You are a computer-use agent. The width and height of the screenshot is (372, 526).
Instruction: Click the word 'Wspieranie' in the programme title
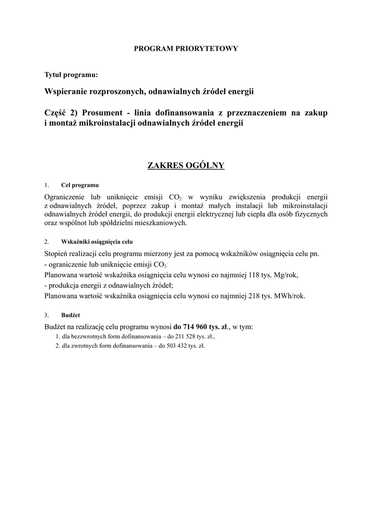(66, 92)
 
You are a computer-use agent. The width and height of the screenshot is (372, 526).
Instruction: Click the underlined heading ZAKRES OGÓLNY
(186, 165)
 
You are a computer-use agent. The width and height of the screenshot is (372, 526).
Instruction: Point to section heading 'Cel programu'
(80, 185)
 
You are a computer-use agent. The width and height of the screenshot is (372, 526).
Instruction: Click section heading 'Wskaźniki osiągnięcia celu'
(97, 241)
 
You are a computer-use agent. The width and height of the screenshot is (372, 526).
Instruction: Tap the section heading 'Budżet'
(70, 314)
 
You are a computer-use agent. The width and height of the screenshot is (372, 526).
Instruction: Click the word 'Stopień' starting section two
(57, 254)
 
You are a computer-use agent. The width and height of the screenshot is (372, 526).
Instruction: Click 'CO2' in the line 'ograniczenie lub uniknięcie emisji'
(159, 265)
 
